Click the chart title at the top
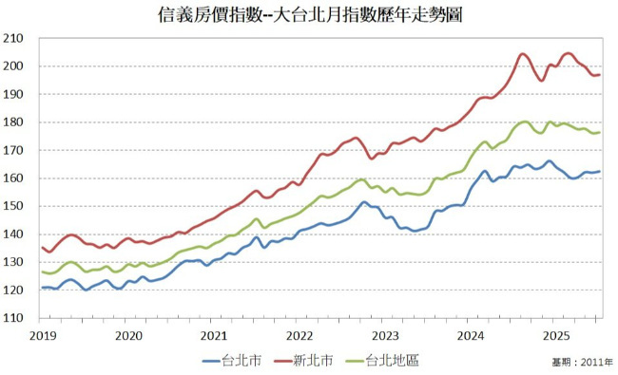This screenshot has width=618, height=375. point(309,15)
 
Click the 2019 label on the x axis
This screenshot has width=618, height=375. point(42,335)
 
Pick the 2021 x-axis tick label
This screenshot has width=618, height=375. point(213,335)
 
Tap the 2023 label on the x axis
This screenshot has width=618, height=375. point(384,335)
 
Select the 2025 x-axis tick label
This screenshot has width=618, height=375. point(555,335)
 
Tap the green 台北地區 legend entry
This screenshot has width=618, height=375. point(385,360)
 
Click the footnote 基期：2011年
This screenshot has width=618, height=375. point(581,363)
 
